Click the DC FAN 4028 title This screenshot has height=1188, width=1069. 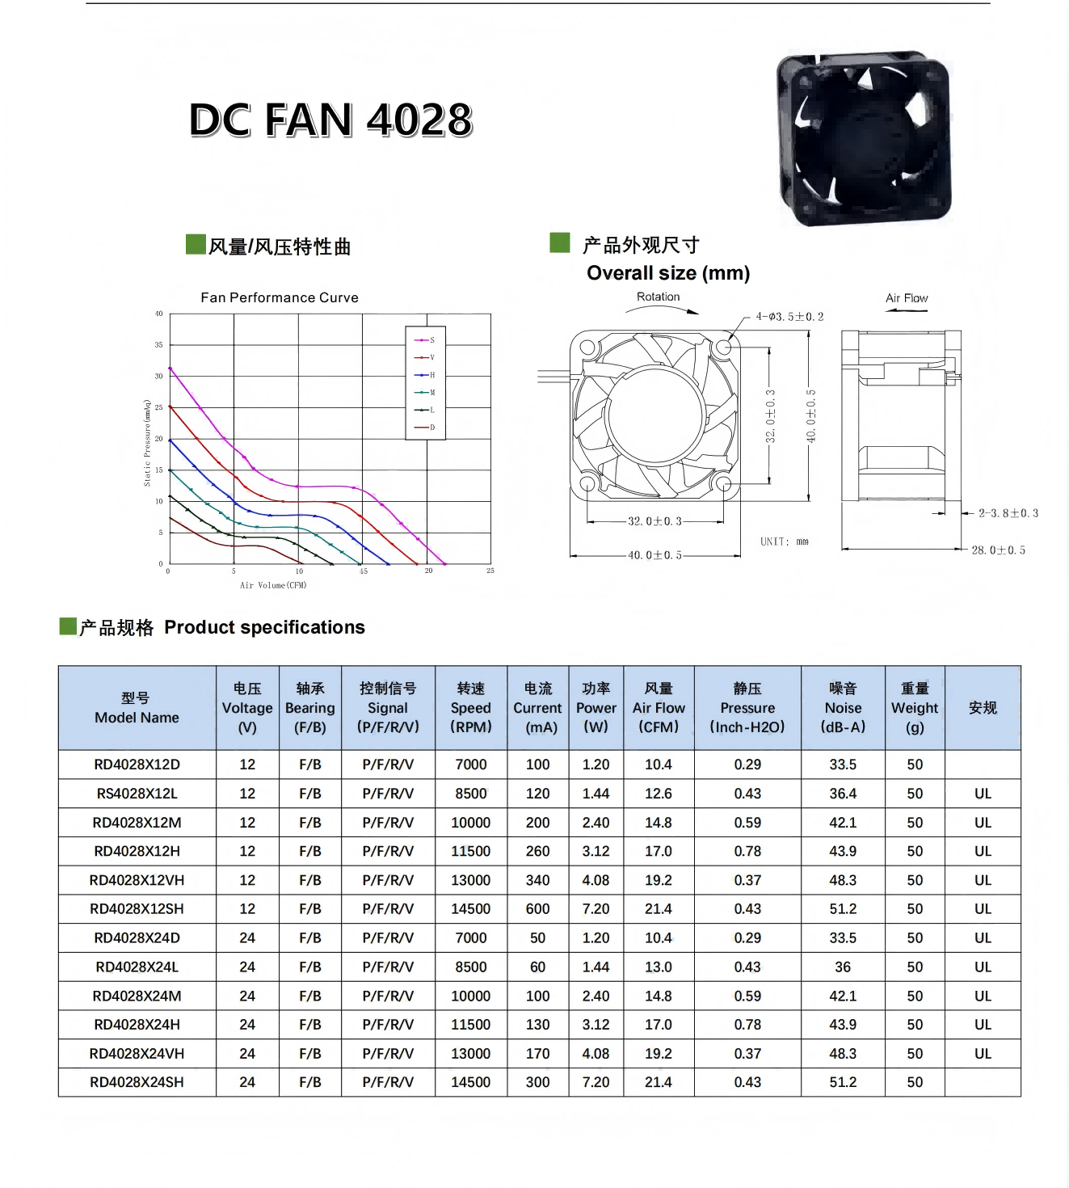(x=330, y=120)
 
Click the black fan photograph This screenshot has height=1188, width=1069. (x=864, y=138)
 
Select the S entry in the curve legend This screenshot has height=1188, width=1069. (x=425, y=340)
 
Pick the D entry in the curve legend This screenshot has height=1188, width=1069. (x=425, y=427)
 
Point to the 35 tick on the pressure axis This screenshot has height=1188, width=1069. (x=158, y=344)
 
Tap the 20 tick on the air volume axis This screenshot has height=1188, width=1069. (x=428, y=571)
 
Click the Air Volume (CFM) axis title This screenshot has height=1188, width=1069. (x=273, y=585)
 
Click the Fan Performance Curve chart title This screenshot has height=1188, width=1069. (x=280, y=297)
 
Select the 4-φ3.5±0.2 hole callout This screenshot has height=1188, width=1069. (x=789, y=317)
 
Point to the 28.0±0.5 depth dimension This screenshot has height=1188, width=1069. (x=999, y=550)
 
